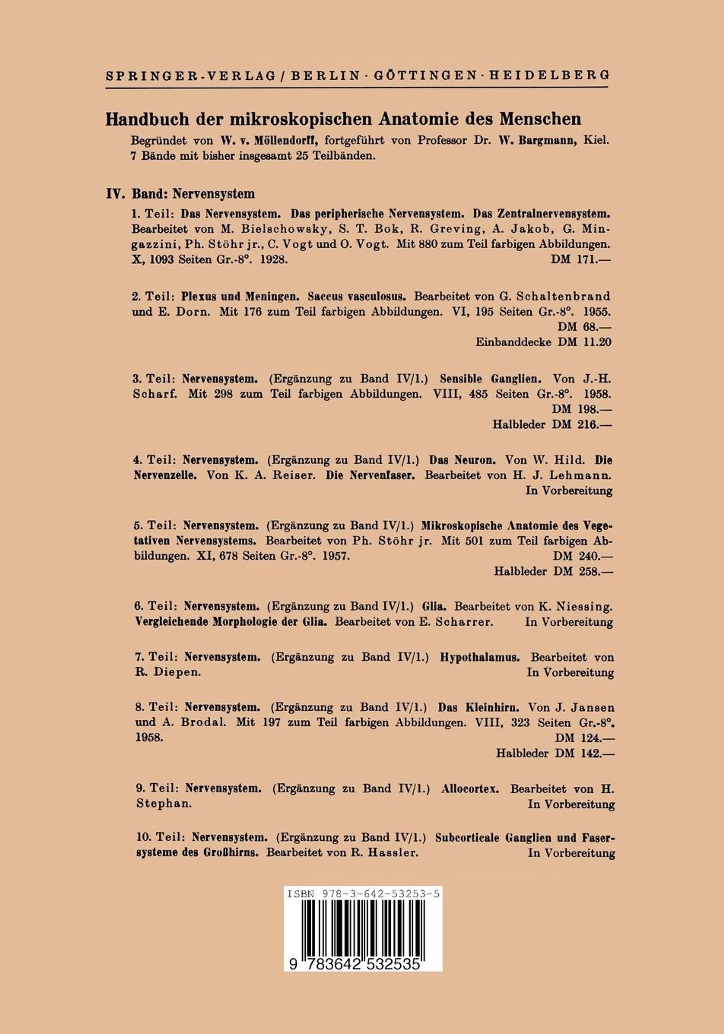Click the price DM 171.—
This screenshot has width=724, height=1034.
pyautogui.click(x=581, y=260)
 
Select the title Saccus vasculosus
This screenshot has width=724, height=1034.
pyautogui.click(x=358, y=297)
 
